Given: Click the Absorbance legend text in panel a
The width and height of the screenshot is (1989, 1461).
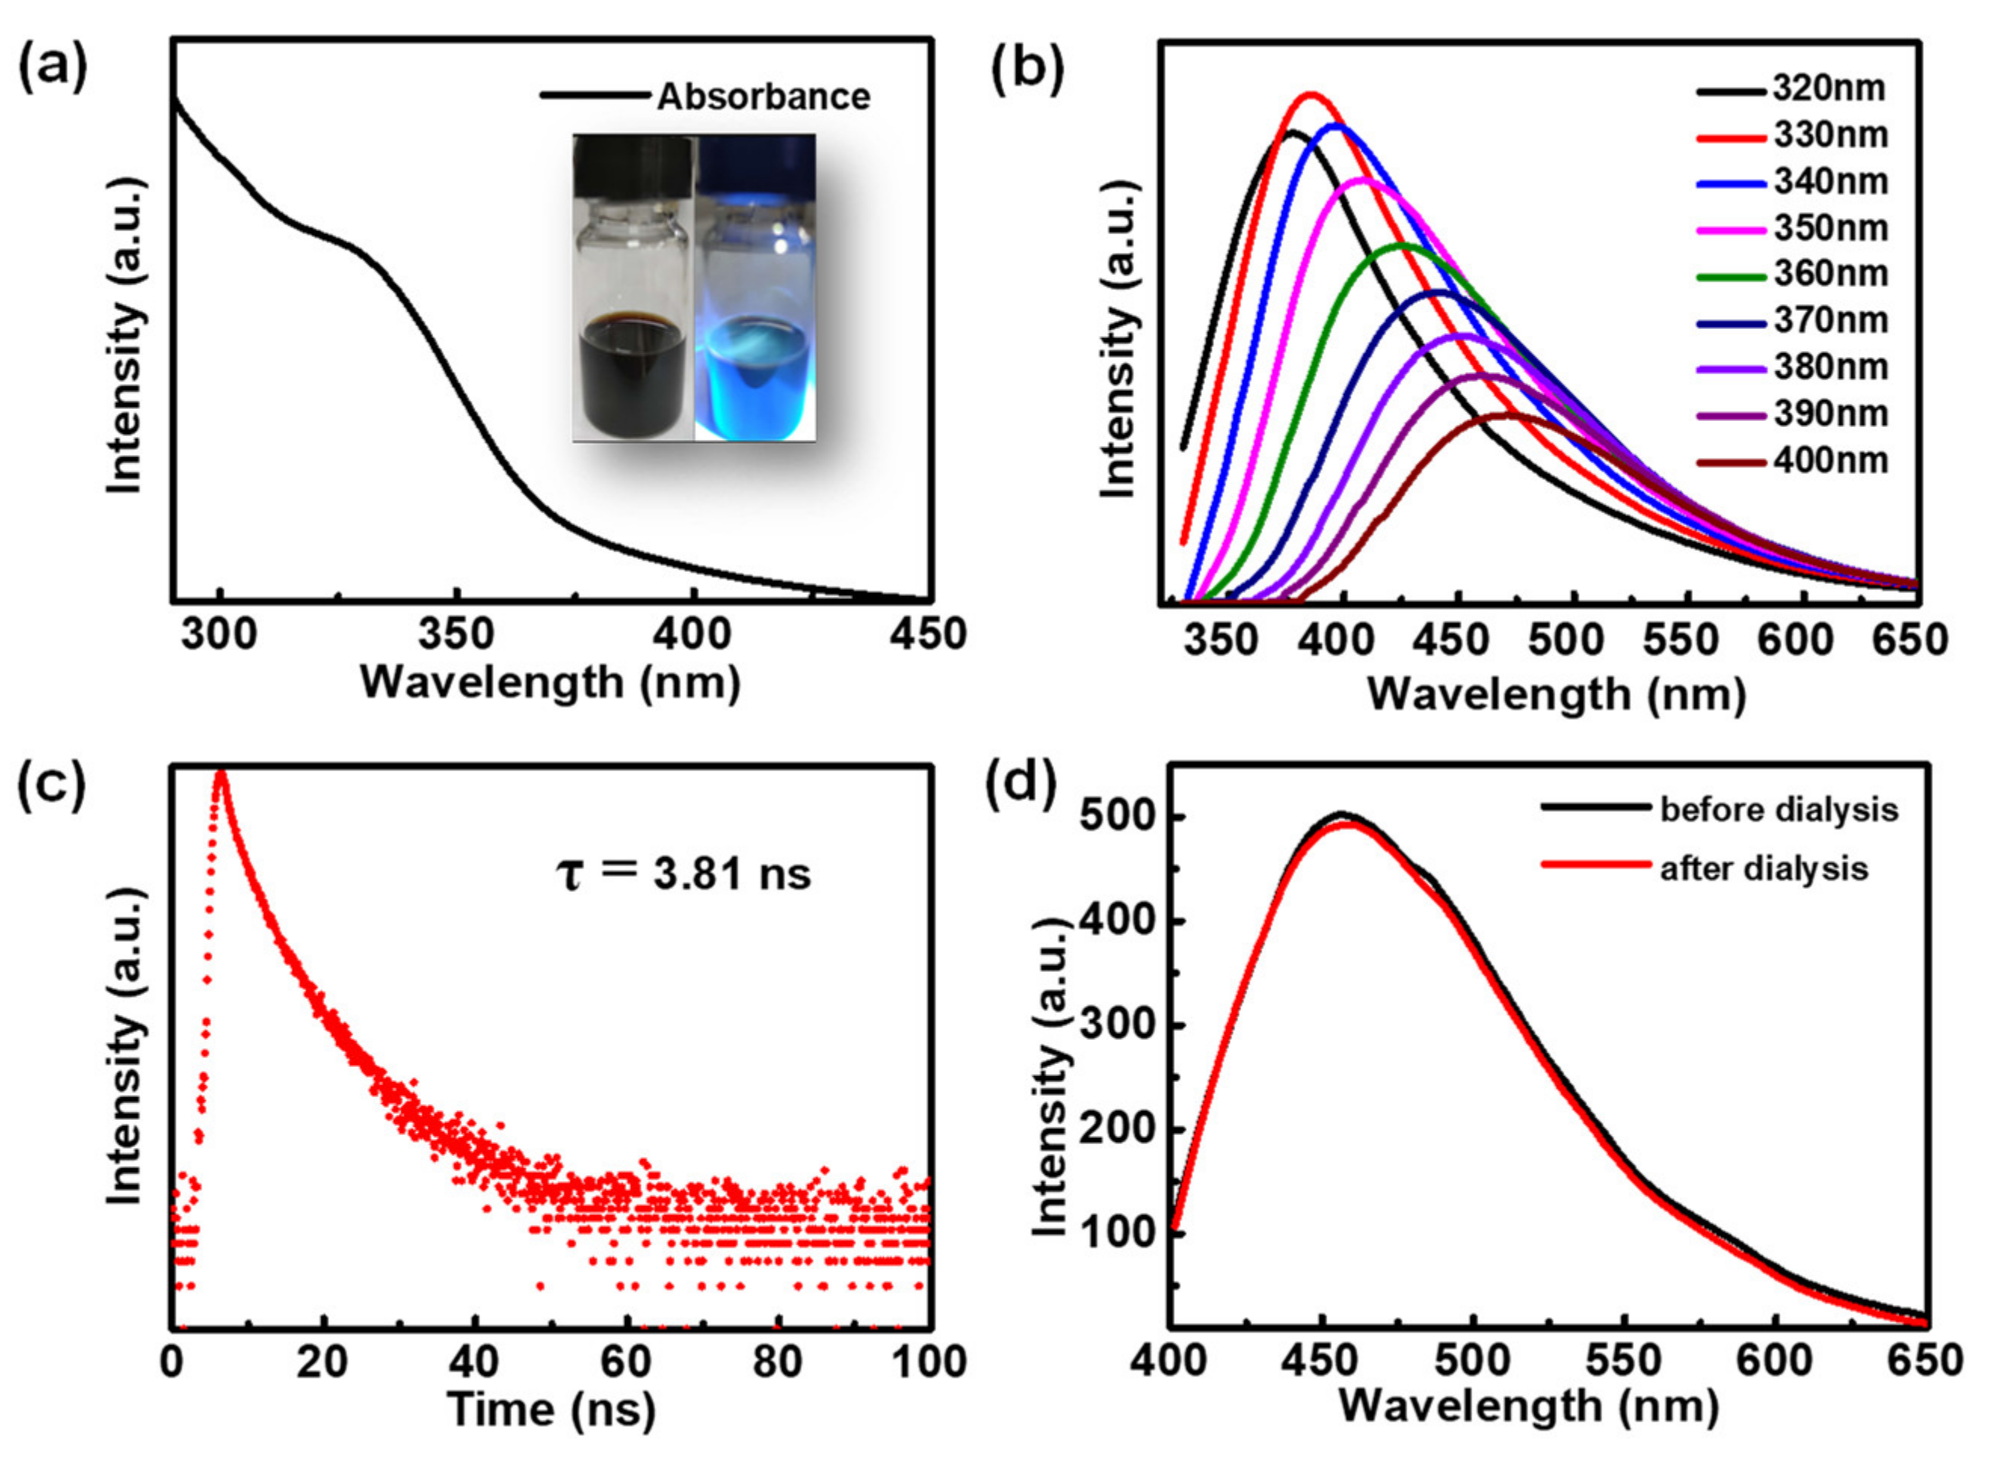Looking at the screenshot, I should coord(763,97).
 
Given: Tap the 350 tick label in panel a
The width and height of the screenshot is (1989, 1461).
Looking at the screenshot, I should coord(455,635).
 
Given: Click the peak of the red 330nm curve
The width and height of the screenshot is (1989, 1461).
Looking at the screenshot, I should coord(1310,94).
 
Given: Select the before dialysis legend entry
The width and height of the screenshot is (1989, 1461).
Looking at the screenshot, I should coord(1778,810).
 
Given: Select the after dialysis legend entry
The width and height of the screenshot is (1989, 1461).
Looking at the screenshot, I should coord(1763,869).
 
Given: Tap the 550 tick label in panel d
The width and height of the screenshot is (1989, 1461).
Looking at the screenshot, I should coord(1624,1361).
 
